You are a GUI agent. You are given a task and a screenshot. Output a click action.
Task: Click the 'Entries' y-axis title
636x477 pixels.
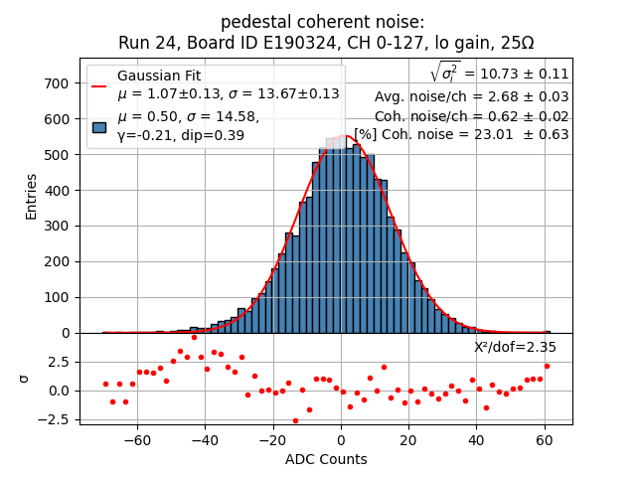coord(32,196)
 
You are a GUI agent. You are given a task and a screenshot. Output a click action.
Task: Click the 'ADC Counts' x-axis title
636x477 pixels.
coord(326,459)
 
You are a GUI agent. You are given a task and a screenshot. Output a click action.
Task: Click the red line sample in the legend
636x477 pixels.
coord(99,85)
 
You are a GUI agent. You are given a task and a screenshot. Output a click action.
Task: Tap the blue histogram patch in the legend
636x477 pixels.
coord(99,126)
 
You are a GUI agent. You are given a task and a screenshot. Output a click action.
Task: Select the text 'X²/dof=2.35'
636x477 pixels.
coord(515,347)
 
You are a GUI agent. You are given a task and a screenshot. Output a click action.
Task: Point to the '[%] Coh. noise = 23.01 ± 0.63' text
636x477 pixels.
coord(462,134)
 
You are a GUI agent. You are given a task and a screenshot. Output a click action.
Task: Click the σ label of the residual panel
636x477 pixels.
coord(25,379)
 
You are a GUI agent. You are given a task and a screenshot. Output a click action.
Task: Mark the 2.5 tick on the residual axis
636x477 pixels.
coord(63,362)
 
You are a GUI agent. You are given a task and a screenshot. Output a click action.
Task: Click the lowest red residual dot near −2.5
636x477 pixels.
coord(295,420)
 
